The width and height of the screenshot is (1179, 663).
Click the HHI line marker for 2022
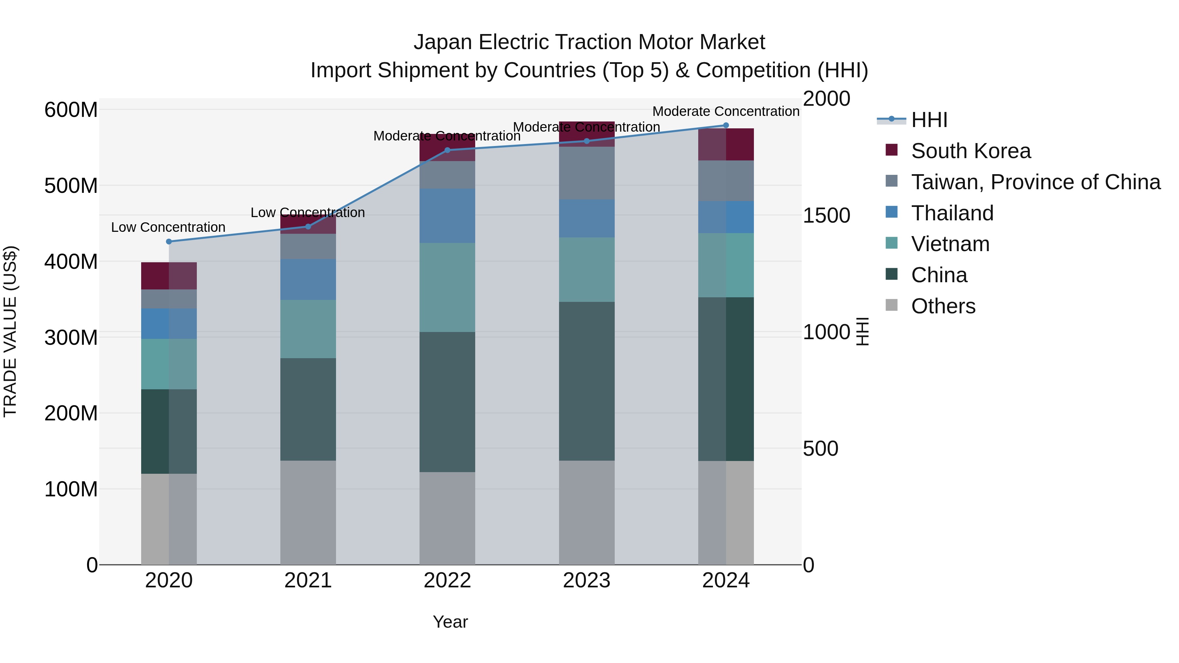click(447, 150)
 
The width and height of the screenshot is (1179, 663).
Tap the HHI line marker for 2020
click(169, 242)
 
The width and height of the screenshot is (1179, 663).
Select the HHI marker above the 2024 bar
click(726, 125)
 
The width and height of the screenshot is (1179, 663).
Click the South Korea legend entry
click(970, 151)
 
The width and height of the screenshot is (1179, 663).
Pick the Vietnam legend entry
click(950, 244)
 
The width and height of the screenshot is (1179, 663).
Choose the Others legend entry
click(943, 306)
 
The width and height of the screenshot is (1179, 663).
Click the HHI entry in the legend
click(929, 120)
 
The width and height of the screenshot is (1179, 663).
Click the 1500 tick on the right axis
click(827, 215)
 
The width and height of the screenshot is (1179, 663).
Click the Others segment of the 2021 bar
click(308, 512)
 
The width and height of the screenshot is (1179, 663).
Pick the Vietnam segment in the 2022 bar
click(447, 287)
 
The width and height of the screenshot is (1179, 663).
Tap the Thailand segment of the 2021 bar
click(308, 280)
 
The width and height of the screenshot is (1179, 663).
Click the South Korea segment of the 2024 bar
click(726, 145)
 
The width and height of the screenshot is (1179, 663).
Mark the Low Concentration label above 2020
click(168, 228)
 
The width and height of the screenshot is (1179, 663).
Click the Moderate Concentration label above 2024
click(725, 112)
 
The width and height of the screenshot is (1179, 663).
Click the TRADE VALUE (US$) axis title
click(10, 331)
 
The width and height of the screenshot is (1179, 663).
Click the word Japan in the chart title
click(442, 43)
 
